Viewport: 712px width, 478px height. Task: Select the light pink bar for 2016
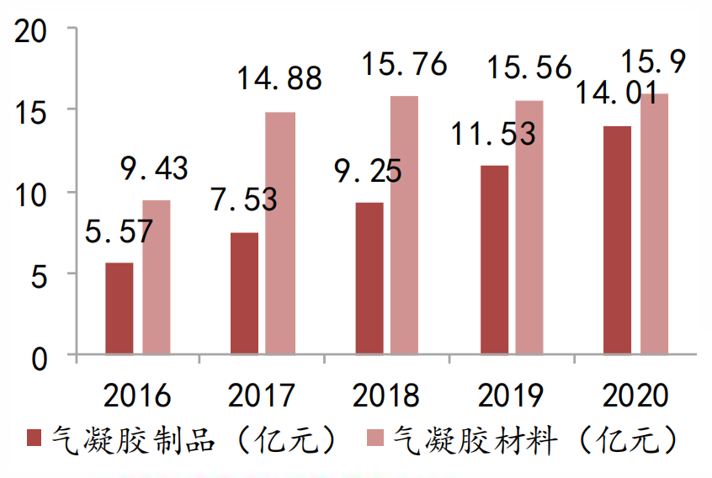tap(156, 277)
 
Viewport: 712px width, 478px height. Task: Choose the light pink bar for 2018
tap(406, 225)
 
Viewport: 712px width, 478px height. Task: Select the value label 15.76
tap(404, 66)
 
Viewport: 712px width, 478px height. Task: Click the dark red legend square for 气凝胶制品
tap(35, 438)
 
